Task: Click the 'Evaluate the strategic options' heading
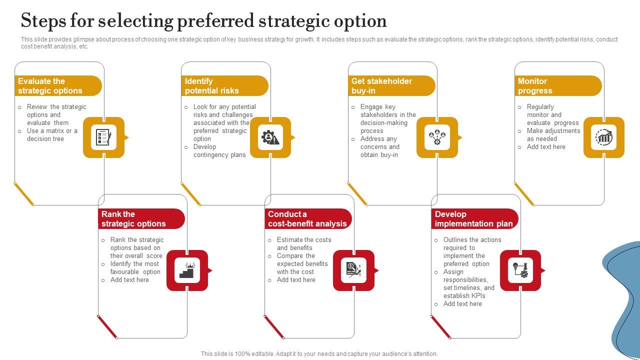[x=50, y=86]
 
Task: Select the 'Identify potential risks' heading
[x=212, y=86]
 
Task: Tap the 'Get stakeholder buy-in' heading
[x=381, y=86]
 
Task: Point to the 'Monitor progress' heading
[x=535, y=86]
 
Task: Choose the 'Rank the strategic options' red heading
[x=133, y=219]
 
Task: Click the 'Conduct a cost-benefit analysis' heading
[x=307, y=219]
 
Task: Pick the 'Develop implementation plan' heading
[x=473, y=219]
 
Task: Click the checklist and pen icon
[x=103, y=137]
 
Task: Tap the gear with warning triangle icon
[x=270, y=137]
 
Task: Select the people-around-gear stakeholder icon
[x=437, y=137]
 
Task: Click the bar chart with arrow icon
[x=604, y=137]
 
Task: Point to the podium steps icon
[x=187, y=270]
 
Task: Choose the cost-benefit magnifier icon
[x=353, y=270]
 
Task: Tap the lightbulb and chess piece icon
[x=520, y=270]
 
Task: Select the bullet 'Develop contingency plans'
[x=219, y=151]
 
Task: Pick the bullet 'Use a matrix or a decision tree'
[x=52, y=135]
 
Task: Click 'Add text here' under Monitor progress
[x=546, y=147]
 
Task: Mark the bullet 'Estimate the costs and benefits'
[x=304, y=243]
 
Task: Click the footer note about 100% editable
[x=319, y=353]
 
